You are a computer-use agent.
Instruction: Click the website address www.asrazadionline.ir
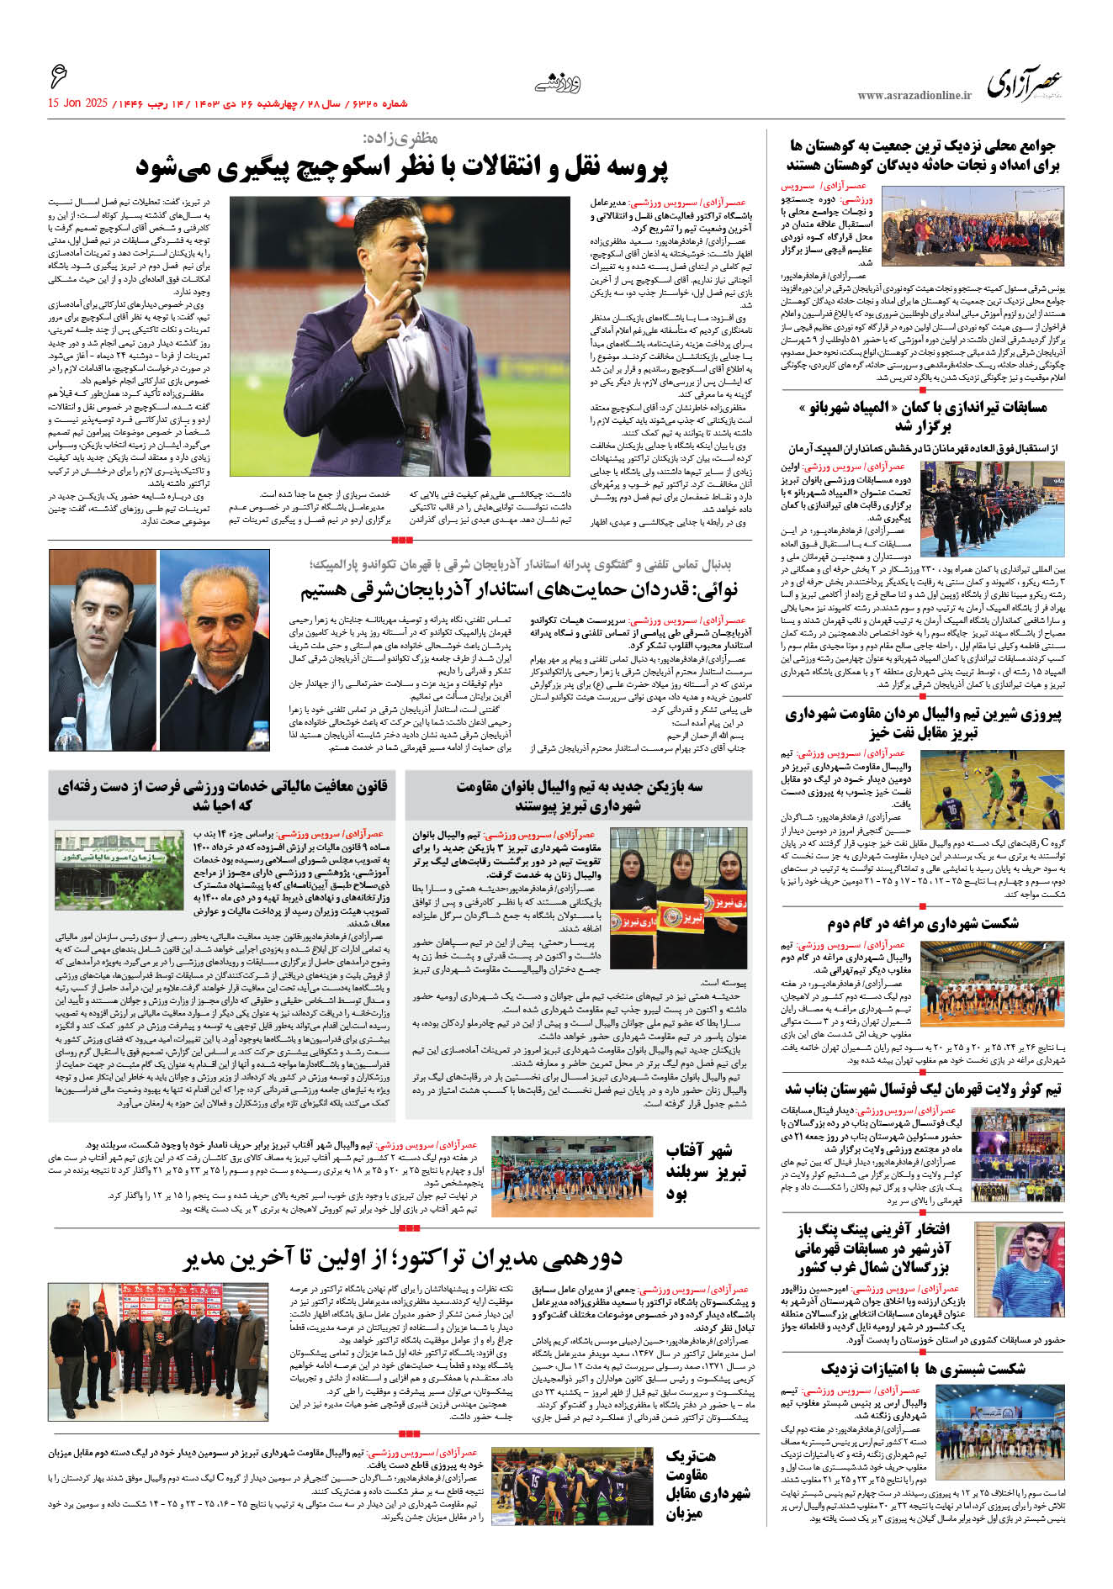(914, 96)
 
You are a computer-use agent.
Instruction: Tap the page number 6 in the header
(58, 78)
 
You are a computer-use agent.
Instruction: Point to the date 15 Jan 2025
(77, 103)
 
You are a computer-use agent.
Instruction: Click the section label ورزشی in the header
(558, 83)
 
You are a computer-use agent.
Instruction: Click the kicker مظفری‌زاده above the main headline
(400, 139)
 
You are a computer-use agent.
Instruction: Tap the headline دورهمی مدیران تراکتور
(403, 1259)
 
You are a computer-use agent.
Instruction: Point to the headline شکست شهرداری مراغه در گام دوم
(922, 923)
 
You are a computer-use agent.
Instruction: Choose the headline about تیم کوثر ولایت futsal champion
(923, 1090)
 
